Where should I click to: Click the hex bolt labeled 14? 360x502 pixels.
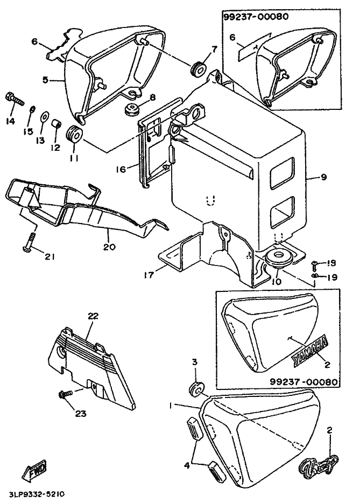coord(13,99)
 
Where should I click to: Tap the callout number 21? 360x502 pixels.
coord(50,256)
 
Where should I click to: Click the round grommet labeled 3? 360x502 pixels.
coord(197,388)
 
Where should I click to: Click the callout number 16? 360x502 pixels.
coord(121,169)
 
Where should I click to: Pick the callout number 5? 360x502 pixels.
coord(46,80)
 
